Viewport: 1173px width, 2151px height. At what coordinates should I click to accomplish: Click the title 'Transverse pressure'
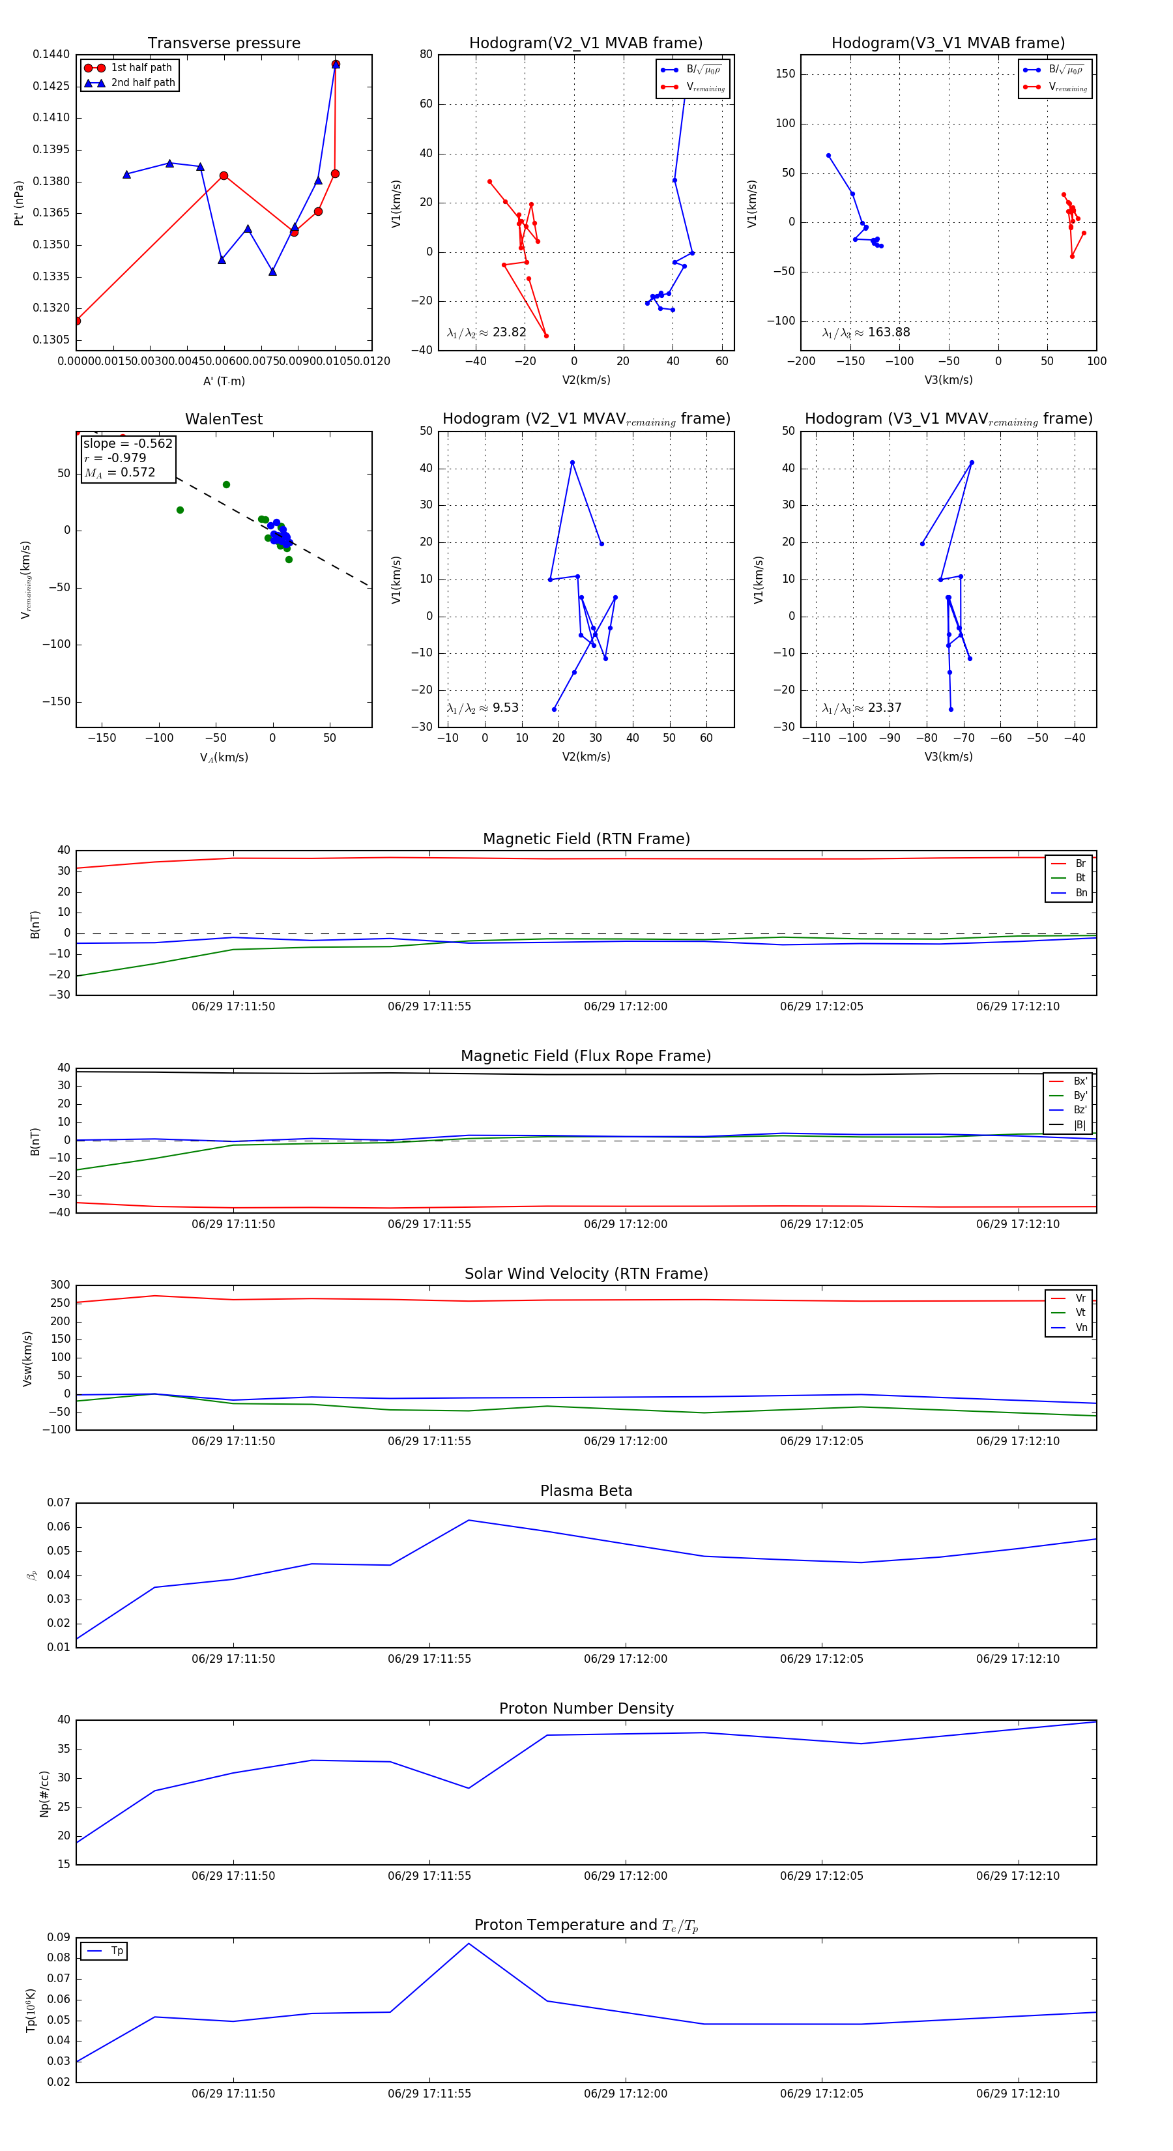click(x=224, y=44)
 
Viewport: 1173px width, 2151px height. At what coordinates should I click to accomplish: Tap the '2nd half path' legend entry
click(x=143, y=83)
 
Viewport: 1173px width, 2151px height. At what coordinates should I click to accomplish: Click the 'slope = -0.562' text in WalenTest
click(x=128, y=443)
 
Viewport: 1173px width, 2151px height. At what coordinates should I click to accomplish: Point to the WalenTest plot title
click(x=224, y=419)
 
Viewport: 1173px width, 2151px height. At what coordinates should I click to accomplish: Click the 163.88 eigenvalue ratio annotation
click(x=866, y=332)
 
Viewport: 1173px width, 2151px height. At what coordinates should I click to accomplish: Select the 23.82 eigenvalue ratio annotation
click(x=487, y=332)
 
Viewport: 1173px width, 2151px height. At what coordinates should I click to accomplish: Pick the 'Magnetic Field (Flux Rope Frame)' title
click(x=586, y=1057)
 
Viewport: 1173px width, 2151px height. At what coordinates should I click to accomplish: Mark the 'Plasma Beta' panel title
click(x=586, y=1491)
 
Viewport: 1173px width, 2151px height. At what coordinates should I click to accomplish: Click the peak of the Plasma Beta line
click(x=469, y=1520)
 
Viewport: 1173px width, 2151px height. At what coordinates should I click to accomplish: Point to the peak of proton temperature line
click(x=469, y=1943)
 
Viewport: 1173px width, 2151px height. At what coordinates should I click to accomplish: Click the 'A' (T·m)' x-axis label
click(x=224, y=381)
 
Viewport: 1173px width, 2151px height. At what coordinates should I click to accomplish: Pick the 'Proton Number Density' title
click(x=586, y=1708)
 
